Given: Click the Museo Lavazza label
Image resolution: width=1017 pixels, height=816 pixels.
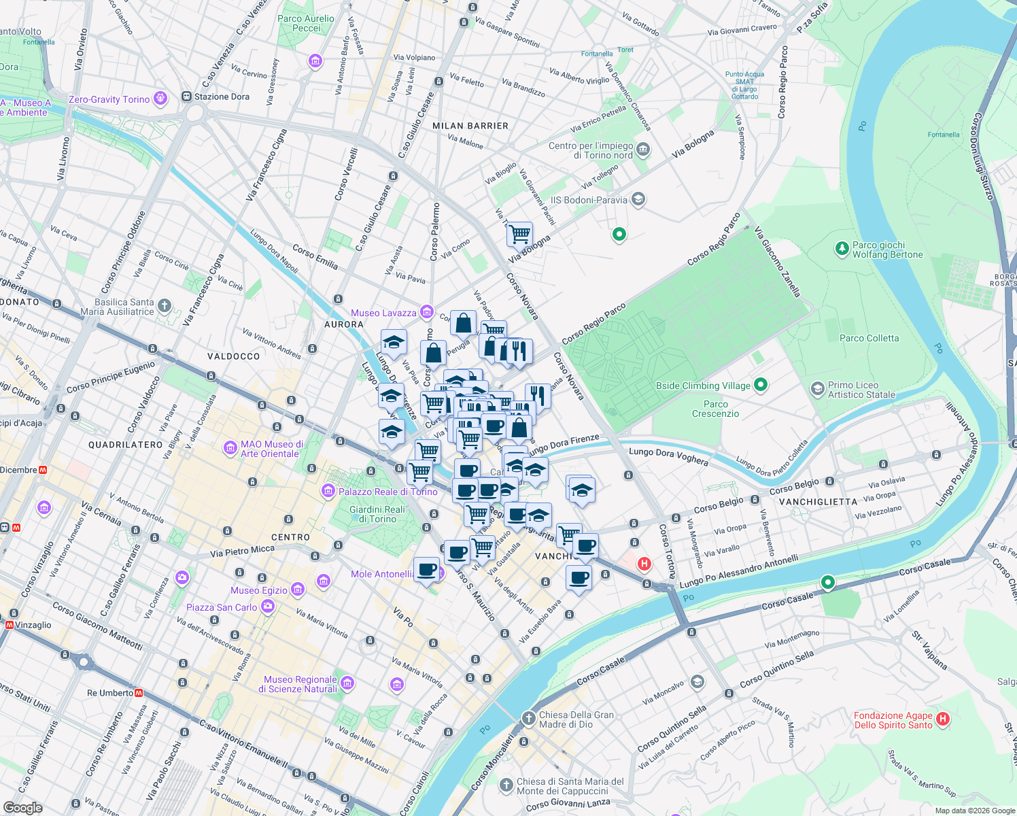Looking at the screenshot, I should coord(383,313).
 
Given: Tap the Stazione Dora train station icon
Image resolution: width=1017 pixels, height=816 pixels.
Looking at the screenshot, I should coord(186,97).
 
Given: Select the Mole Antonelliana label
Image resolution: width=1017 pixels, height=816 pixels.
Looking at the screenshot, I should coord(382,574).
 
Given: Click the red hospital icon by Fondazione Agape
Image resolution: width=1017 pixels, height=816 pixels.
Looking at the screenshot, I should coord(942,719).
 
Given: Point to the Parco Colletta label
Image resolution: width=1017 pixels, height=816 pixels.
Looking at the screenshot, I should coord(869,338).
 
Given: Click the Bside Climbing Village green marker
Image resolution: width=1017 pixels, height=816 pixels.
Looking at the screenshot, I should coord(761,385).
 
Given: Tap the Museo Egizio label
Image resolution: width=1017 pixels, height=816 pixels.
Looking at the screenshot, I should coord(259,590).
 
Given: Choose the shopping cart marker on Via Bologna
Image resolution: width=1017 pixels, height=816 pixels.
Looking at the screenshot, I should coord(519,234).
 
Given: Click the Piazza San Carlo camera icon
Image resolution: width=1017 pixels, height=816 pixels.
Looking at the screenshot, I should coord(268,606).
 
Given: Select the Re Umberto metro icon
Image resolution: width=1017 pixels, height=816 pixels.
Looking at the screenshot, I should coord(139,693).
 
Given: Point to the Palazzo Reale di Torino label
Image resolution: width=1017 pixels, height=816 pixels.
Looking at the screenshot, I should coord(388,492).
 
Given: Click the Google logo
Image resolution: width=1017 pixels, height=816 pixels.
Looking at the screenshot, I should coord(22,807).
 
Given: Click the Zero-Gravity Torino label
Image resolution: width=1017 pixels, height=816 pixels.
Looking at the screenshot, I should coord(109,99).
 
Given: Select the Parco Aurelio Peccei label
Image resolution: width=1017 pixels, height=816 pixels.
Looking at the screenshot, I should coord(306,23).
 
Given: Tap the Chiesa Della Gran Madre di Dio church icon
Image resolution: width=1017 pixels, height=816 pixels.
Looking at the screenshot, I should coord(529,719).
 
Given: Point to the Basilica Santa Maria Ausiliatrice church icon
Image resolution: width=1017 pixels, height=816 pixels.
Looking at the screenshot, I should coord(165,306).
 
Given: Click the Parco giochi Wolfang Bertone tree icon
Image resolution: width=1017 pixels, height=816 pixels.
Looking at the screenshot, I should coord(842,249).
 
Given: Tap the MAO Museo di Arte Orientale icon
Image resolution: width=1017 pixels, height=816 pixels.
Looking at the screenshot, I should coord(230,448).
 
